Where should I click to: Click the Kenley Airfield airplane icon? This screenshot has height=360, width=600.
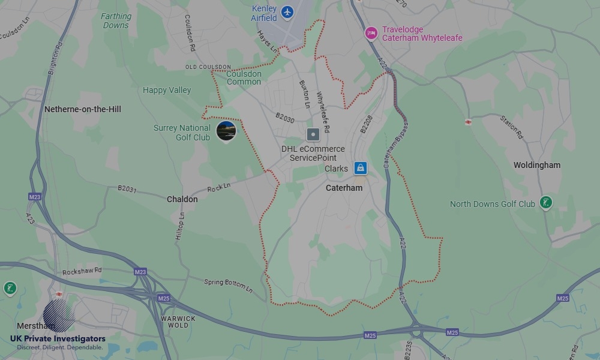(288, 11)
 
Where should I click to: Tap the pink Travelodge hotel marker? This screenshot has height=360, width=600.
(371, 32)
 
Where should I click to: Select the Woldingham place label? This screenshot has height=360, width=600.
(536, 165)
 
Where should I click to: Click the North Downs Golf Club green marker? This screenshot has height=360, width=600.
(545, 202)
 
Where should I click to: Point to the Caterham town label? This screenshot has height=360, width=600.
(344, 188)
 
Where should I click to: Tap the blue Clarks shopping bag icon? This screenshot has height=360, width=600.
(360, 168)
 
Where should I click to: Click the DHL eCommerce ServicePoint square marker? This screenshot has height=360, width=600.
(313, 134)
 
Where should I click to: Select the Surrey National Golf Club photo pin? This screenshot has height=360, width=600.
(226, 130)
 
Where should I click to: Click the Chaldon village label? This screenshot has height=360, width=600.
(182, 199)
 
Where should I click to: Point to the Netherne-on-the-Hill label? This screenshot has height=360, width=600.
(83, 109)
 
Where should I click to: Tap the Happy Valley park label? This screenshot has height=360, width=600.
(167, 90)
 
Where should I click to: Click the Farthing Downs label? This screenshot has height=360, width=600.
(116, 21)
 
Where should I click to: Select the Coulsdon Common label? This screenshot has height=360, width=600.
(244, 78)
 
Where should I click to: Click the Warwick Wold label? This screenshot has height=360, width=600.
(178, 322)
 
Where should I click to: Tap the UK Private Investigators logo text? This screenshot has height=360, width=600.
(58, 339)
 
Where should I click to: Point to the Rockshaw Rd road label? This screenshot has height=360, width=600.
(82, 272)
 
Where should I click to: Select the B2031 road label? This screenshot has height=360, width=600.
(127, 188)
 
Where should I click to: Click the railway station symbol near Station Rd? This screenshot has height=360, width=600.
(468, 122)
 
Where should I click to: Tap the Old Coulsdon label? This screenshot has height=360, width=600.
(208, 67)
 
